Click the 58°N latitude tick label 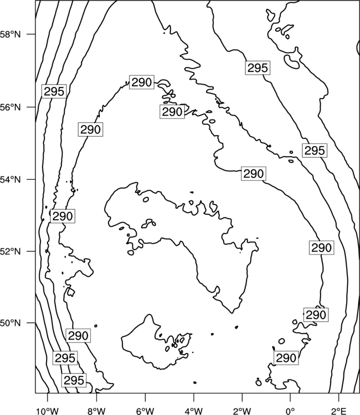(10, 34)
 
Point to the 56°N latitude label (10, 107)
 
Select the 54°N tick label (10, 180)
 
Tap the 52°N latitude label (10, 251)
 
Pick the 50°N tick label (10, 323)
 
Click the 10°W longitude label (47, 411)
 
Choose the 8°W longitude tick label (96, 411)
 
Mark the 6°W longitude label (145, 411)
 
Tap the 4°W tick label (194, 411)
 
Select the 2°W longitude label (242, 411)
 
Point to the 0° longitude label (290, 411)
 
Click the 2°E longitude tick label (339, 411)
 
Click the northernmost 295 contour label (258, 68)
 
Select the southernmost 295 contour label (74, 380)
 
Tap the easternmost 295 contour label (315, 151)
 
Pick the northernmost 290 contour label (141, 82)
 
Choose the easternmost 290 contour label (321, 248)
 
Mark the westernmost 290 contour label (63, 216)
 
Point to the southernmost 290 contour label (286, 358)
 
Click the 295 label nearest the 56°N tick (54, 91)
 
